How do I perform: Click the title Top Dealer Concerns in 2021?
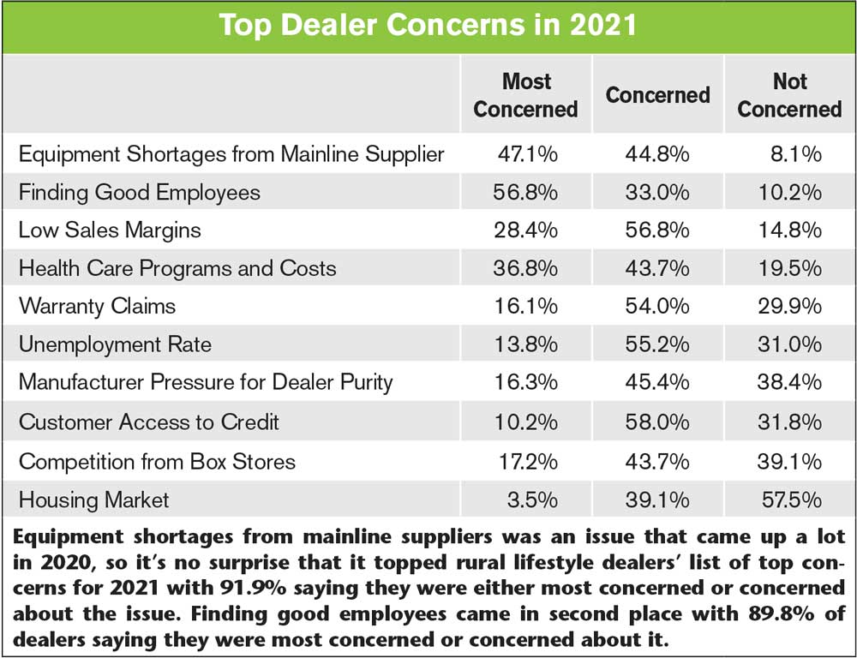tap(428, 24)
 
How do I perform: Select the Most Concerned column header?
tap(525, 95)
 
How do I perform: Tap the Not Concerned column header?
tap(789, 95)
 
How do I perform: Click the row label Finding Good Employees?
tap(140, 192)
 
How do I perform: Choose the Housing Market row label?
tap(94, 499)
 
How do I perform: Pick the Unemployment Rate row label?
tap(115, 344)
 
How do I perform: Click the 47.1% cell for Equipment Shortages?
tap(527, 154)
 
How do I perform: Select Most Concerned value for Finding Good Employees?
tap(525, 192)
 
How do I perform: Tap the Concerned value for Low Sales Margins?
tap(657, 230)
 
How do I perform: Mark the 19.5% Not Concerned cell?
tap(789, 268)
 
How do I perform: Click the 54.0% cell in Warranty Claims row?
tap(657, 306)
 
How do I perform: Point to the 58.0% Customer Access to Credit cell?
tap(657, 422)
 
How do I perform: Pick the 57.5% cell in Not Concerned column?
tap(789, 499)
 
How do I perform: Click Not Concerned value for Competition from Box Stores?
tap(789, 460)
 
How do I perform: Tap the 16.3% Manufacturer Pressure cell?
tap(525, 383)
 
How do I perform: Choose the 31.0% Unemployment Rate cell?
tap(789, 344)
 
